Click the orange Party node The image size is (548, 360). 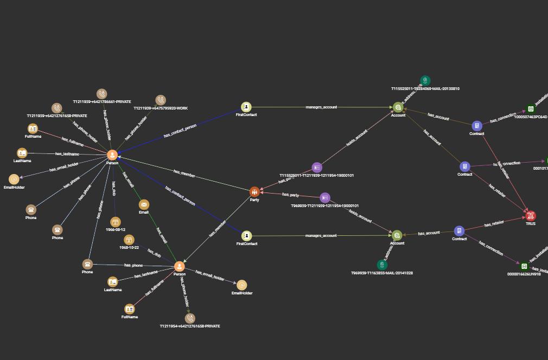pos(254,192)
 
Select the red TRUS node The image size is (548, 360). pos(531,216)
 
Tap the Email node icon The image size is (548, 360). pos(144,204)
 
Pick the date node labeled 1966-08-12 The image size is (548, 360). pos(115,222)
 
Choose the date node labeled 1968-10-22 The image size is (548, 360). pos(129,240)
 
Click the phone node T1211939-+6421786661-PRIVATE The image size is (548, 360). pos(101,94)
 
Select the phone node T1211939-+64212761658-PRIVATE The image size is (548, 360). pos(57,108)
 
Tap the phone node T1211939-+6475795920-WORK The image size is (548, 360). pos(161,100)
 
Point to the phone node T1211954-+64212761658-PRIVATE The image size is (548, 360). pos(190,318)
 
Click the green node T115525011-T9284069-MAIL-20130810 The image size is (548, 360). pos(425,81)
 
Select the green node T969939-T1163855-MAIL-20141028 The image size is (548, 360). pos(382,265)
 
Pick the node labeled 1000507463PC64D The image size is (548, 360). pos(531,109)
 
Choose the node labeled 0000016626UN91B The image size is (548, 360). pos(524,266)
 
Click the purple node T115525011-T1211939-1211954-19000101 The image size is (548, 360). pos(317,168)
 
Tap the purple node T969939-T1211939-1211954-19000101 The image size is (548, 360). pos(324,198)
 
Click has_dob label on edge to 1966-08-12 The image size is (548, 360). pos(113,188)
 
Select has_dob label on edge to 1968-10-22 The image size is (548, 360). pos(154,253)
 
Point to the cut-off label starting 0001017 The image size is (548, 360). pos(540,168)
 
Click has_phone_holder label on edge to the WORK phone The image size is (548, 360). pos(136,128)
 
